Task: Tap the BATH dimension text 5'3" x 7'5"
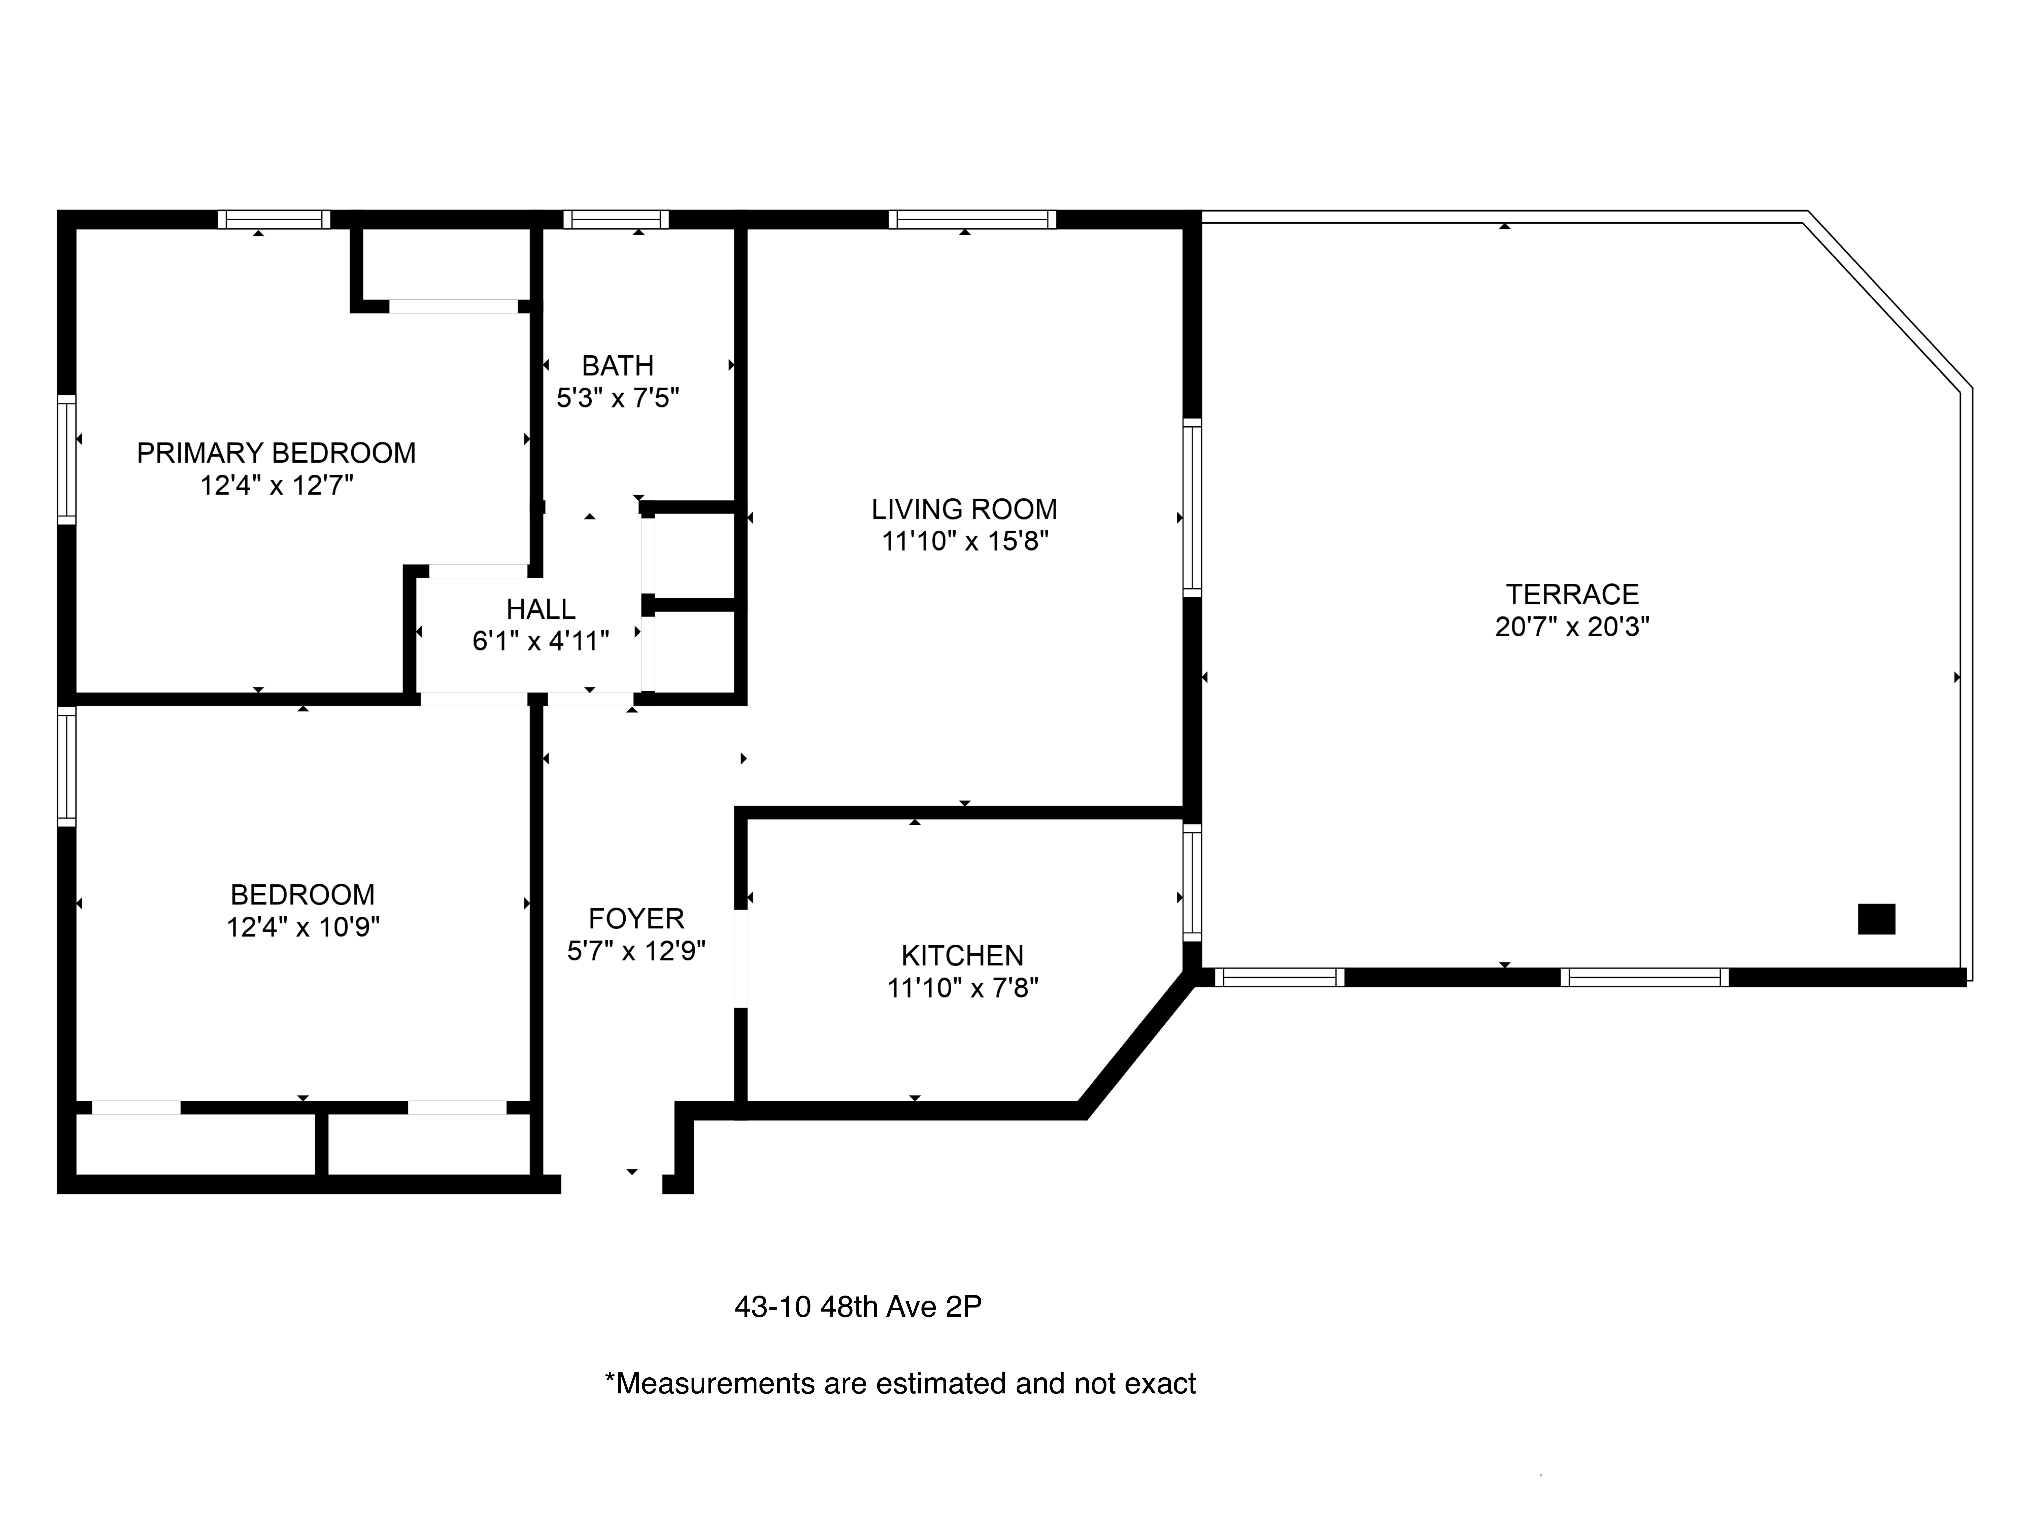tap(618, 398)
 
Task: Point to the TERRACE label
tap(1572, 594)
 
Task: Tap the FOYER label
tap(636, 918)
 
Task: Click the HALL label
tap(541, 609)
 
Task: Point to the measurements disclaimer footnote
tap(899, 1383)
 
